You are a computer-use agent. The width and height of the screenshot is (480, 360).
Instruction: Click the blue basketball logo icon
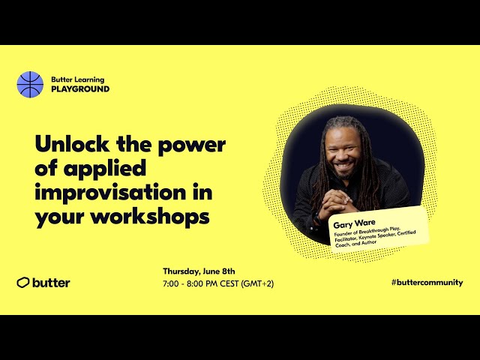click(30, 84)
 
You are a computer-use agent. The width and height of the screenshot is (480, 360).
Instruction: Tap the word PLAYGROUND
click(80, 88)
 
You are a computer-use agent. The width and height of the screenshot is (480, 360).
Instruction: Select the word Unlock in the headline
click(73, 143)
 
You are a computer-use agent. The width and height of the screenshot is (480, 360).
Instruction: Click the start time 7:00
click(172, 283)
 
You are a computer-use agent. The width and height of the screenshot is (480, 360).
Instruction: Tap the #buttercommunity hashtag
click(427, 283)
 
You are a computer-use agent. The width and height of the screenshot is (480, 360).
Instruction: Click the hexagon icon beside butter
click(23, 283)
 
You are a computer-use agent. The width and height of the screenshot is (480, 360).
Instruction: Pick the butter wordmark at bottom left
click(52, 283)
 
